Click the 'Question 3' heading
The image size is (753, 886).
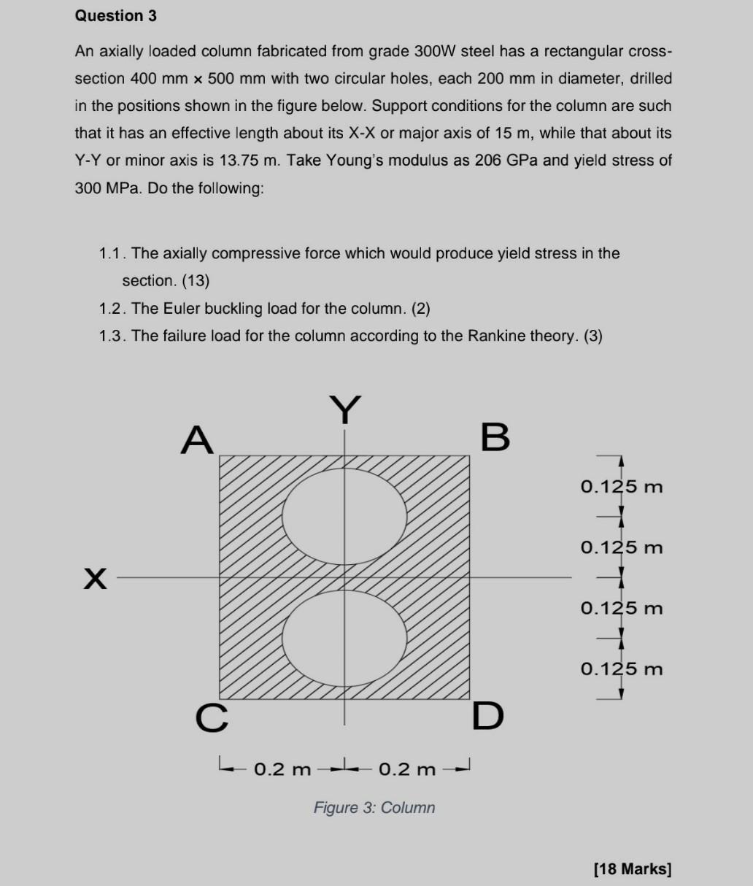[115, 15]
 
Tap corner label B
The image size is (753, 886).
[495, 437]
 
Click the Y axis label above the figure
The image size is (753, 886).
[345, 410]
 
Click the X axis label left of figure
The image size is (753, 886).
[94, 579]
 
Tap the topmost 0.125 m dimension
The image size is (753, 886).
[622, 486]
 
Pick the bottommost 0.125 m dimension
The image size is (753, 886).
[622, 669]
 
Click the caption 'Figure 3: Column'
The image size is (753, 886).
[374, 808]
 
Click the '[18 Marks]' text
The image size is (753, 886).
[633, 868]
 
